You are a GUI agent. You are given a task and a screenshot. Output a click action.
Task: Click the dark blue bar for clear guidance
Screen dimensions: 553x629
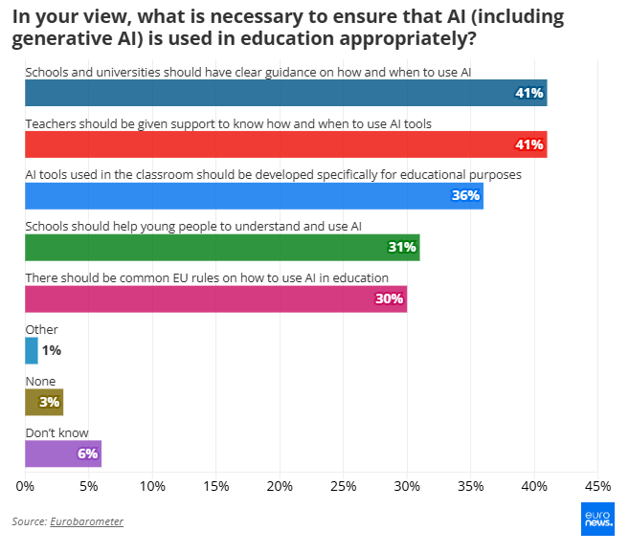[285, 93]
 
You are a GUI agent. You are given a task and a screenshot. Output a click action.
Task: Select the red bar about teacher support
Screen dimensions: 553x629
[285, 144]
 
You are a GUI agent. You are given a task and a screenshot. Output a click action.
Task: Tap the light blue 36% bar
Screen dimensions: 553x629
[254, 196]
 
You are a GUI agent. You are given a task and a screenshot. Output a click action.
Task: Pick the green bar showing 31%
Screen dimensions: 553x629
[222, 247]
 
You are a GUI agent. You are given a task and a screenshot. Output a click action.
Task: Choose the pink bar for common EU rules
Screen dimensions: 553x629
[215, 299]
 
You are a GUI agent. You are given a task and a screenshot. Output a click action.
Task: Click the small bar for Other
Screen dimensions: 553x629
[32, 350]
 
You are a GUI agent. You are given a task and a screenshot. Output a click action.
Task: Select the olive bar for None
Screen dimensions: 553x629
[44, 402]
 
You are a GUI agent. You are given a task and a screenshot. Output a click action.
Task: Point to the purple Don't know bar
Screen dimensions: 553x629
[63, 453]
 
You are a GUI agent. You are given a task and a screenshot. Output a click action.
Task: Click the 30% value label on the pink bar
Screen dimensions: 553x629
[390, 299]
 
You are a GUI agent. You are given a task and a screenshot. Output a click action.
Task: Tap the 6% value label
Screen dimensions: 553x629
[88, 453]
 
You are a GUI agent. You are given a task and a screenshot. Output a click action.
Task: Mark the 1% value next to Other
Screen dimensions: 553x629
[52, 350]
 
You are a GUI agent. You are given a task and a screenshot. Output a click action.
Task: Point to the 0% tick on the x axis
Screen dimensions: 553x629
[26, 485]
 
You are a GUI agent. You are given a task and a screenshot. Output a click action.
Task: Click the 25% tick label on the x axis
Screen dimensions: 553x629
[344, 485]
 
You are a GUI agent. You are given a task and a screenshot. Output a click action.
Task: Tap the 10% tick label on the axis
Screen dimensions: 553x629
[153, 485]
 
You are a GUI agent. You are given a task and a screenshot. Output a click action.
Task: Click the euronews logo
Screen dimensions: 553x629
[597, 518]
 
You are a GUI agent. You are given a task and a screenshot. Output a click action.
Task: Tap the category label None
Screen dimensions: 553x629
[40, 381]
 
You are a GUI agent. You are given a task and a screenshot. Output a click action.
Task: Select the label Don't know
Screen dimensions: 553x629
[56, 432]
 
